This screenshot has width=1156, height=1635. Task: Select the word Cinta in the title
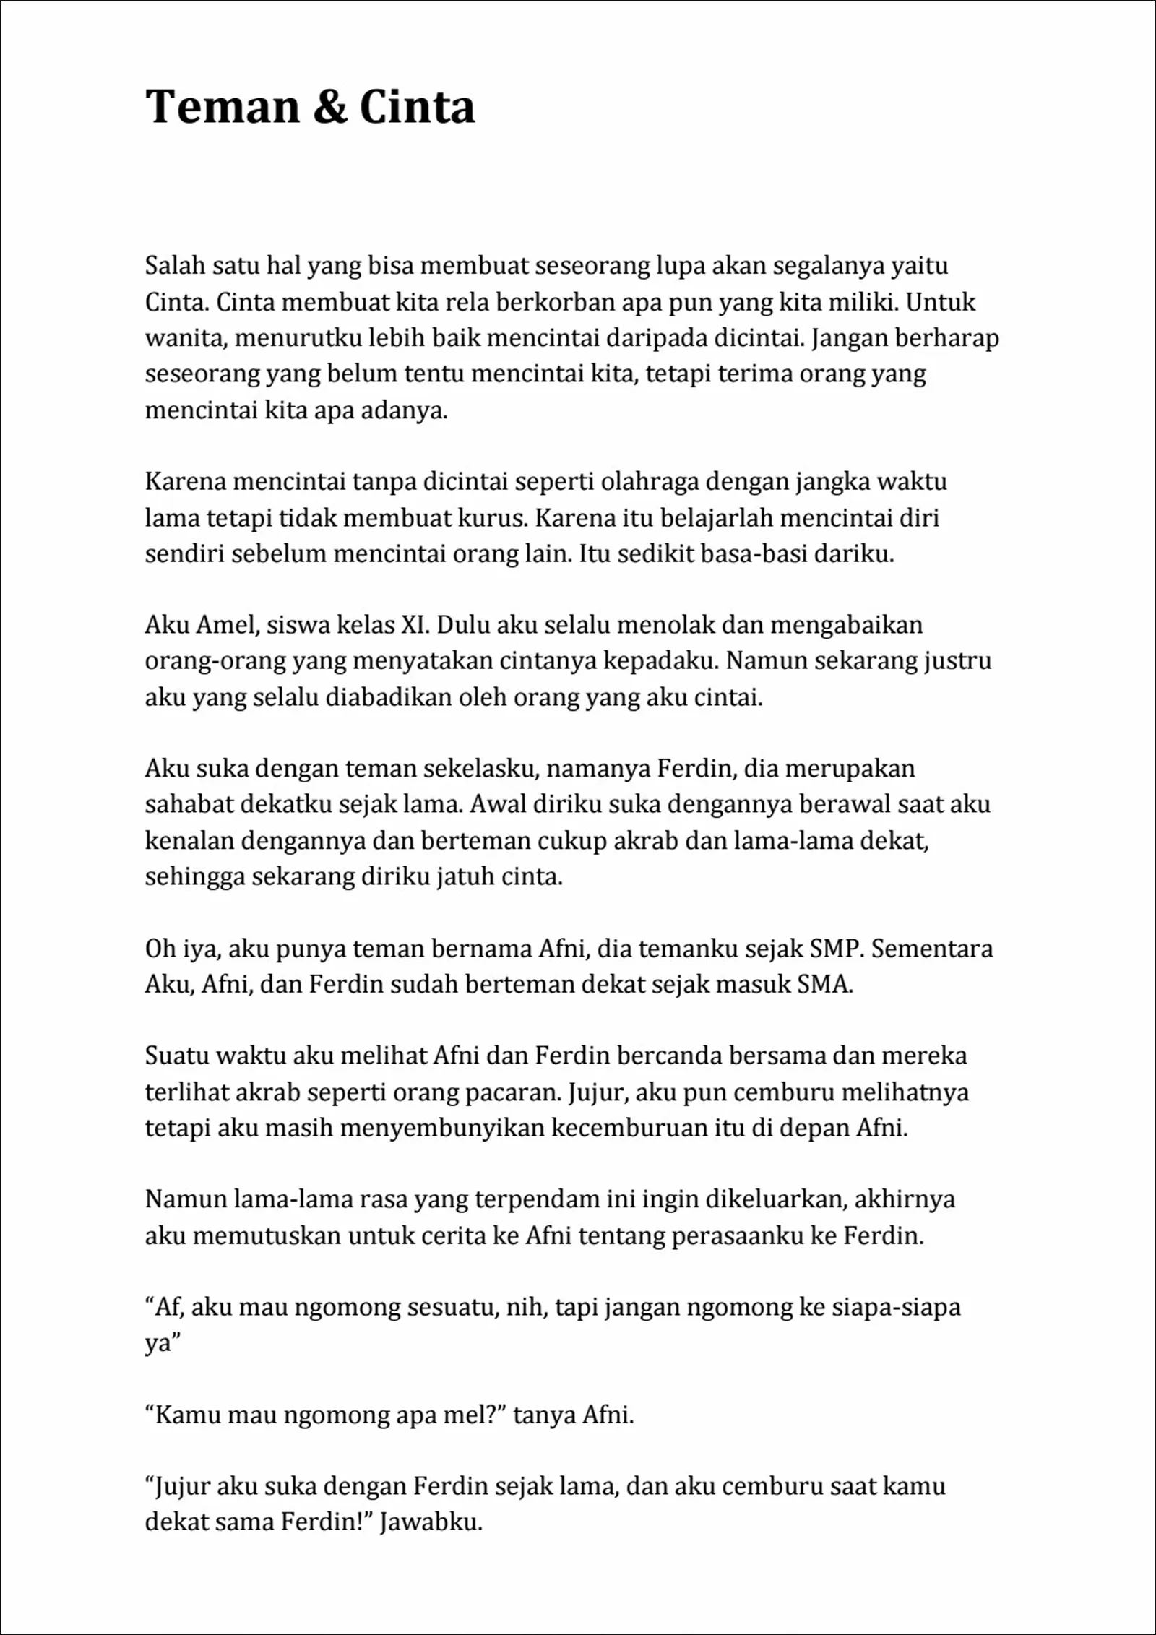pyautogui.click(x=417, y=107)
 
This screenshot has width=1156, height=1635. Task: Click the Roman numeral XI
pyautogui.click(x=414, y=625)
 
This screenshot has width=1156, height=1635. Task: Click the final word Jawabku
pyautogui.click(x=431, y=1522)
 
